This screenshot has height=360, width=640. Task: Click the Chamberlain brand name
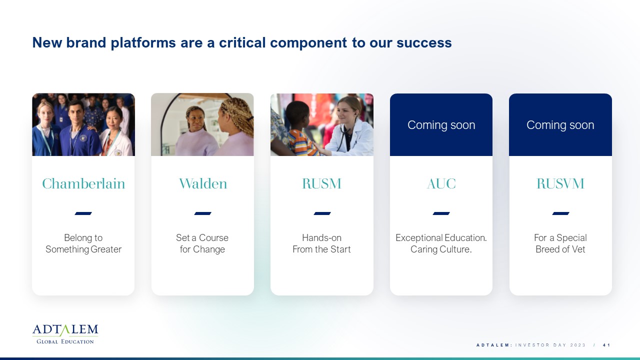(x=83, y=183)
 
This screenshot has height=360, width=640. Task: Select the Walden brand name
(x=203, y=183)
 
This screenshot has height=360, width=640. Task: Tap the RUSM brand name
(x=321, y=183)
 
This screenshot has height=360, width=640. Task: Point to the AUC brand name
(x=441, y=183)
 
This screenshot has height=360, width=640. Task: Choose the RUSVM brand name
(x=560, y=183)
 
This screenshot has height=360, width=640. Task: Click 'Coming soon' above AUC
(x=441, y=125)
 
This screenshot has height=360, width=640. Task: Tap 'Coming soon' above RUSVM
(x=560, y=125)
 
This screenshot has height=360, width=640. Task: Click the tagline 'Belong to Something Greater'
(x=83, y=243)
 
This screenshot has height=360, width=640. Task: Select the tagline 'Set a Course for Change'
(x=202, y=243)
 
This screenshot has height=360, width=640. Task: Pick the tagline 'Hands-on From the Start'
(x=321, y=243)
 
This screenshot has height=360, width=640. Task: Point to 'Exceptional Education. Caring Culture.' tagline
(x=441, y=243)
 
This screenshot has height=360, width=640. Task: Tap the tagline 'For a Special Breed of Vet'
(x=560, y=243)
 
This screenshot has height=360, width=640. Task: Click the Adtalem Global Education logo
(x=65, y=334)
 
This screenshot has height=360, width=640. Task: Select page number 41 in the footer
(x=606, y=345)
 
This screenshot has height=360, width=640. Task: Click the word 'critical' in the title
(x=242, y=42)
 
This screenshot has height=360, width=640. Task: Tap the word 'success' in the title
(x=424, y=43)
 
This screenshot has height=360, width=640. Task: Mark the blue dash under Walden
(x=202, y=213)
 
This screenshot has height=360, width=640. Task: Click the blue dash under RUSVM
(x=560, y=213)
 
